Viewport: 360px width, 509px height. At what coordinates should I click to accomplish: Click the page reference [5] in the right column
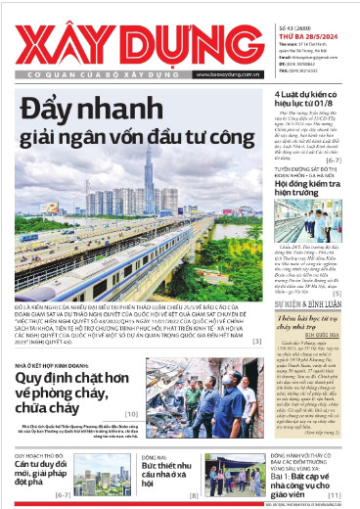(x=336, y=265)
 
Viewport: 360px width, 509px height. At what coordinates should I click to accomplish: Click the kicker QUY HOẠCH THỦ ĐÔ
(x=41, y=457)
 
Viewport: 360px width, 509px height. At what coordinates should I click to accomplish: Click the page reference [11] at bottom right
(x=335, y=496)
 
